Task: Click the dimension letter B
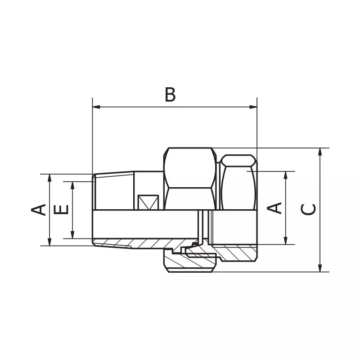coord(170,95)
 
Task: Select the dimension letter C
coord(308,209)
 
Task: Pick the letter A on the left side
coord(39,210)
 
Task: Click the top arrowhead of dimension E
coord(72,185)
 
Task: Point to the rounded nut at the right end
coord(238,182)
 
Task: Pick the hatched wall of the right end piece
coord(236,252)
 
